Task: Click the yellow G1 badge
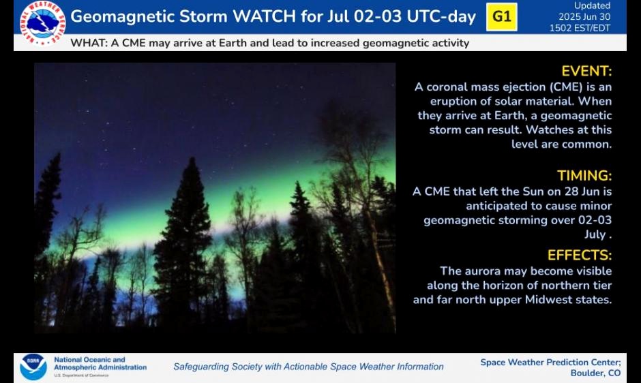tap(502, 17)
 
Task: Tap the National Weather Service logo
tap(42, 23)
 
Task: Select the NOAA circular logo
tap(33, 367)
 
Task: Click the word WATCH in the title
tap(264, 16)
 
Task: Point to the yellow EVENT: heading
tap(586, 71)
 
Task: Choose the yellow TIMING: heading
tap(584, 176)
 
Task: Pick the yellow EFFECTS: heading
tap(580, 255)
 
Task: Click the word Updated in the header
tap(593, 5)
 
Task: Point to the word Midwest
tap(549, 300)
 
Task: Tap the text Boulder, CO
tap(595, 373)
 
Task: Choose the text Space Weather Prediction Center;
tap(551, 362)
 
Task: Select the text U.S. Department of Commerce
tap(81, 376)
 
